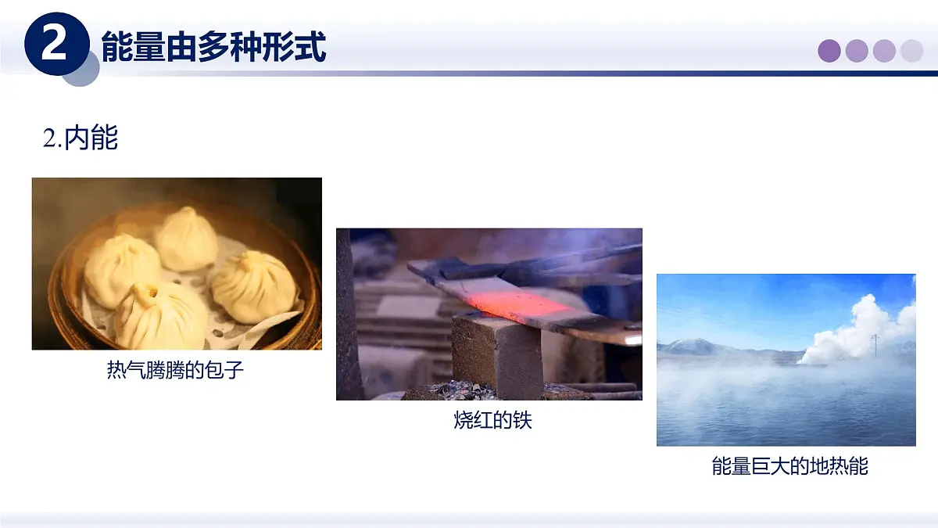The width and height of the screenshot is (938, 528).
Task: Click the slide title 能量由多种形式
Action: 213,47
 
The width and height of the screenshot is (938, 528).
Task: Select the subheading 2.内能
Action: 81,138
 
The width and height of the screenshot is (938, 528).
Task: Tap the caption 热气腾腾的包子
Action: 176,370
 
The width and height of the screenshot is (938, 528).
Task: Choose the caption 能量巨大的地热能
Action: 789,467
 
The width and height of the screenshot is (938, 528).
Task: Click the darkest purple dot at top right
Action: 829,51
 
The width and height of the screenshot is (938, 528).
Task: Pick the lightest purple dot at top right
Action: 911,51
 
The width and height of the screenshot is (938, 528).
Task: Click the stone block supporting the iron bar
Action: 497,356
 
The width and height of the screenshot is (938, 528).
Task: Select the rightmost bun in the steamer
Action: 254,287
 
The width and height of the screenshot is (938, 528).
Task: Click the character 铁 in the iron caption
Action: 522,420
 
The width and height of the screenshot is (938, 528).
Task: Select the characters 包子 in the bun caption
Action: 227,370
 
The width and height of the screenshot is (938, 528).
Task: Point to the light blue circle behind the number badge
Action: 83,70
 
